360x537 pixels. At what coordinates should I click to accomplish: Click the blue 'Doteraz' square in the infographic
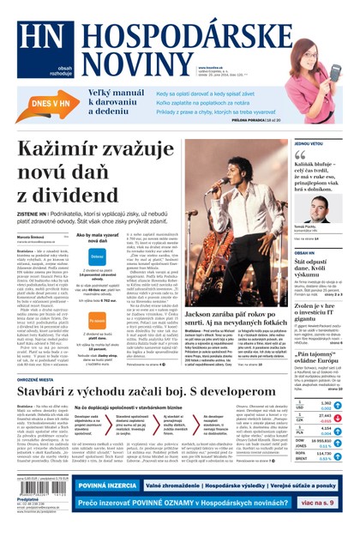point(97,256)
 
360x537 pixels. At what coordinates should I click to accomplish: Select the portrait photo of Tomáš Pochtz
point(320,210)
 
